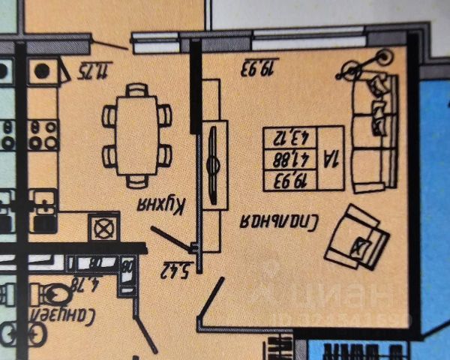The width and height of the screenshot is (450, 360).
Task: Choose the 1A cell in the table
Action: click(x=331, y=158)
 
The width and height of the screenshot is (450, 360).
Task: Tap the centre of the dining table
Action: click(x=137, y=135)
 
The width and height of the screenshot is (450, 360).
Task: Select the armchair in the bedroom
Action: click(x=358, y=237)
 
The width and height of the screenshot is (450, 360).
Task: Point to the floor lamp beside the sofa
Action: click(x=384, y=56)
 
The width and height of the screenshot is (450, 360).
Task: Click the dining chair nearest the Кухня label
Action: click(x=136, y=181)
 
